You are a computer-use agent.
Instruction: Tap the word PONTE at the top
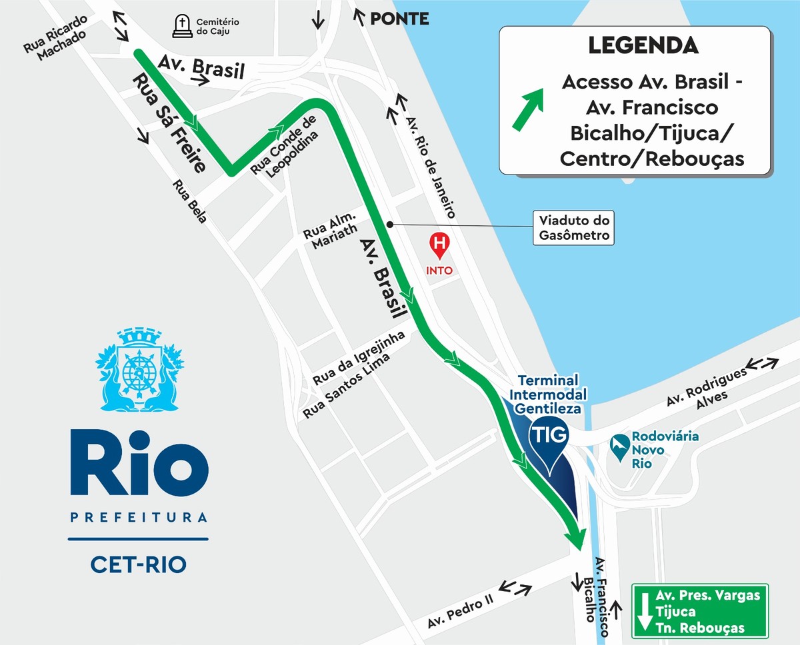(399, 19)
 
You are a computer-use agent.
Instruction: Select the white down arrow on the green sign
(643, 611)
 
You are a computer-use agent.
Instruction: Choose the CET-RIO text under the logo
(138, 564)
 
